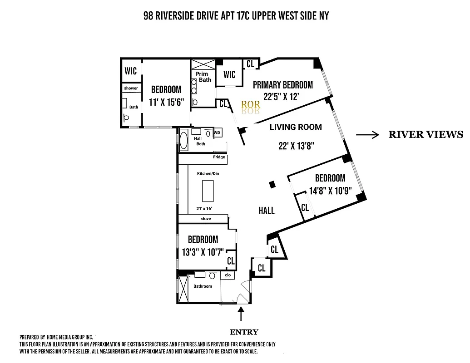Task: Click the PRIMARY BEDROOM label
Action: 282,85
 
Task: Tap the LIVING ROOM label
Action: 295,127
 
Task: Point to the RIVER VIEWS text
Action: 425,134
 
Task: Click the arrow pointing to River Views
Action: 367,135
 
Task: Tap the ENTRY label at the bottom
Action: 244,332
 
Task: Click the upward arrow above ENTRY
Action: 241,314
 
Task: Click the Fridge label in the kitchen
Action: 219,157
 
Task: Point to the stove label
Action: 206,219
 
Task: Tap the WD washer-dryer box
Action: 217,133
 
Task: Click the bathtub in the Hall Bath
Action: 184,139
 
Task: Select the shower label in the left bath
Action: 131,88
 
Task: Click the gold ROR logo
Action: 250,105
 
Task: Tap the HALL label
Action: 267,211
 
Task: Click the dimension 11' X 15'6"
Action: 166,102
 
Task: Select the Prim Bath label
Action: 203,77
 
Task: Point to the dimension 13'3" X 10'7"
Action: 203,252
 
